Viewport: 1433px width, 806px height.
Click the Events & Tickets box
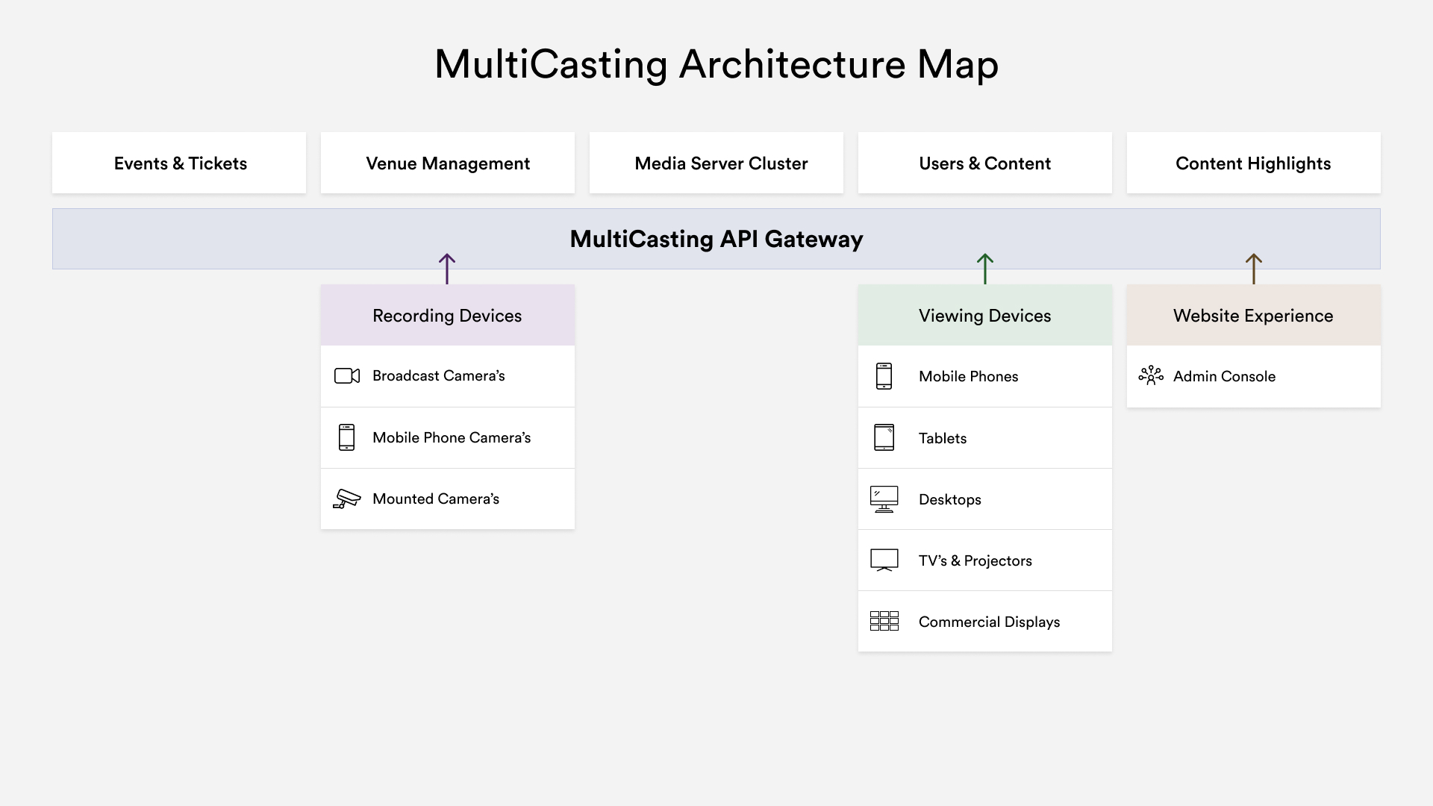tap(179, 163)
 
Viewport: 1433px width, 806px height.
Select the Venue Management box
tap(448, 163)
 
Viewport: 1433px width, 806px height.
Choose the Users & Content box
tap(985, 163)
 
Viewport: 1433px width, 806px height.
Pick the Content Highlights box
tap(1254, 163)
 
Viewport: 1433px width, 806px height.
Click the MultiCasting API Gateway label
tap(716, 239)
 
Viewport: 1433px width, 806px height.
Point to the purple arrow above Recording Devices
tap(447, 269)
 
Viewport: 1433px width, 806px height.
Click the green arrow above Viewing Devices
tap(985, 269)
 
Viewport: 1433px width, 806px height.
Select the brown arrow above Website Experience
tap(1254, 269)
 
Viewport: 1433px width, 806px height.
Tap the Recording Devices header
tap(448, 316)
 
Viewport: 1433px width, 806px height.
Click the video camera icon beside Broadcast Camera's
tap(347, 376)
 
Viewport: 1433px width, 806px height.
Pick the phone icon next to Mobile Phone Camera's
tap(346, 437)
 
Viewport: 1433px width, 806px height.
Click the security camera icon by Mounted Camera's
tap(347, 499)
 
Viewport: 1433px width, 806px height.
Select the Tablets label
tap(943, 438)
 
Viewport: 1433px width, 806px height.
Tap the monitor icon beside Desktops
tap(884, 499)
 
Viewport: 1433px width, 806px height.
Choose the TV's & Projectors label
tap(975, 560)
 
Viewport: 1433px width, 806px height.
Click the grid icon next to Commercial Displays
tap(884, 621)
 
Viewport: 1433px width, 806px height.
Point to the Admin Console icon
tap(1151, 375)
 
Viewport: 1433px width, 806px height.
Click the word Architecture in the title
tap(792, 64)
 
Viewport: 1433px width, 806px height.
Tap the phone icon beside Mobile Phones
tap(884, 376)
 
